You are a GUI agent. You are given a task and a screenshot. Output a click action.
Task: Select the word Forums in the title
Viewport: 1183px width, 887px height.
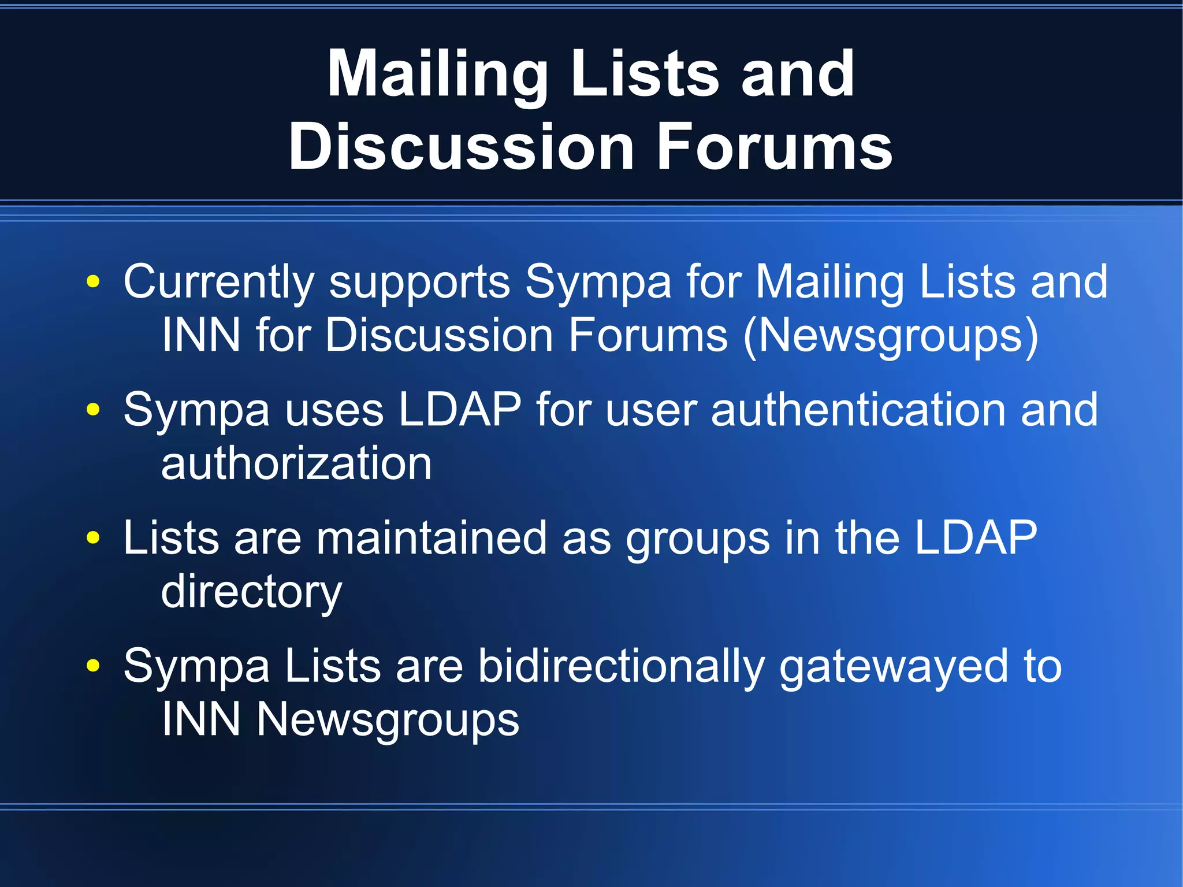pyautogui.click(x=775, y=147)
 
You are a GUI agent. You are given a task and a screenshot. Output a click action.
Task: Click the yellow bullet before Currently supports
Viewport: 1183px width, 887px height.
pyautogui.click(x=92, y=282)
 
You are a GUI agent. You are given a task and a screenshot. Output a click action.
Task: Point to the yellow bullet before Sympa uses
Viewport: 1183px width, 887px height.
pyautogui.click(x=92, y=410)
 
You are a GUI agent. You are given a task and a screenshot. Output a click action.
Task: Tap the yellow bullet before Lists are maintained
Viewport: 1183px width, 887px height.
pyautogui.click(x=92, y=539)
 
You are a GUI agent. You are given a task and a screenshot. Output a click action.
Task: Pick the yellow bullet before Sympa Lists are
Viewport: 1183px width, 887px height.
pyautogui.click(x=92, y=666)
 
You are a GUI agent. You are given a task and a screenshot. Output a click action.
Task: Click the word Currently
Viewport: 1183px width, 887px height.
pyautogui.click(x=219, y=283)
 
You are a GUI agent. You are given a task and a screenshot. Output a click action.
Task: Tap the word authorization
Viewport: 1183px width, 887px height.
pyautogui.click(x=296, y=464)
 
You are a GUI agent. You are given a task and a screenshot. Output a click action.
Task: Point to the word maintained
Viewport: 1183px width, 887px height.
pyautogui.click(x=431, y=539)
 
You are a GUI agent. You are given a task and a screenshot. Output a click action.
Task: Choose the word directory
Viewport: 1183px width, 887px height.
pyautogui.click(x=251, y=593)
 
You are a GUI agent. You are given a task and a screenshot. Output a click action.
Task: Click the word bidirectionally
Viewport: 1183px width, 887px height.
pyautogui.click(x=622, y=667)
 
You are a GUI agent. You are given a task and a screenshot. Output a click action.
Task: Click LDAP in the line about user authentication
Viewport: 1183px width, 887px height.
pyautogui.click(x=460, y=410)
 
